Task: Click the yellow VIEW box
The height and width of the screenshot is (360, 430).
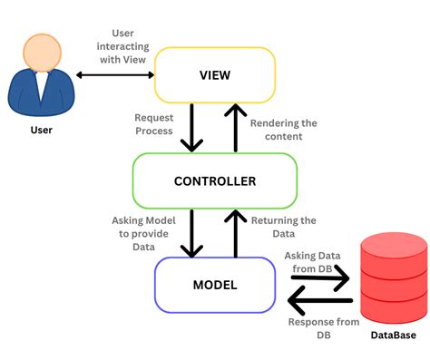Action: point(214,75)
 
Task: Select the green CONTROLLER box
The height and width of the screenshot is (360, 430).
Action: point(214,180)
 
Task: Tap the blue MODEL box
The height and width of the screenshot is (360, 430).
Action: point(214,285)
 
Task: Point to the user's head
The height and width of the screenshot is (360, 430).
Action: point(38,54)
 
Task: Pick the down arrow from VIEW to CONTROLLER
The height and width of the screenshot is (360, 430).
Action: point(191,128)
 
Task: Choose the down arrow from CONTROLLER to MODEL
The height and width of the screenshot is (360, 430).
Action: point(191,233)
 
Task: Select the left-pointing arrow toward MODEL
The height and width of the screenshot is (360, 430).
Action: point(318,297)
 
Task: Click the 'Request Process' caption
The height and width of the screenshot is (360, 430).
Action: point(153,124)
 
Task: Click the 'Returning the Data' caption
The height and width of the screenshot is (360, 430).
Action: point(284,227)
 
